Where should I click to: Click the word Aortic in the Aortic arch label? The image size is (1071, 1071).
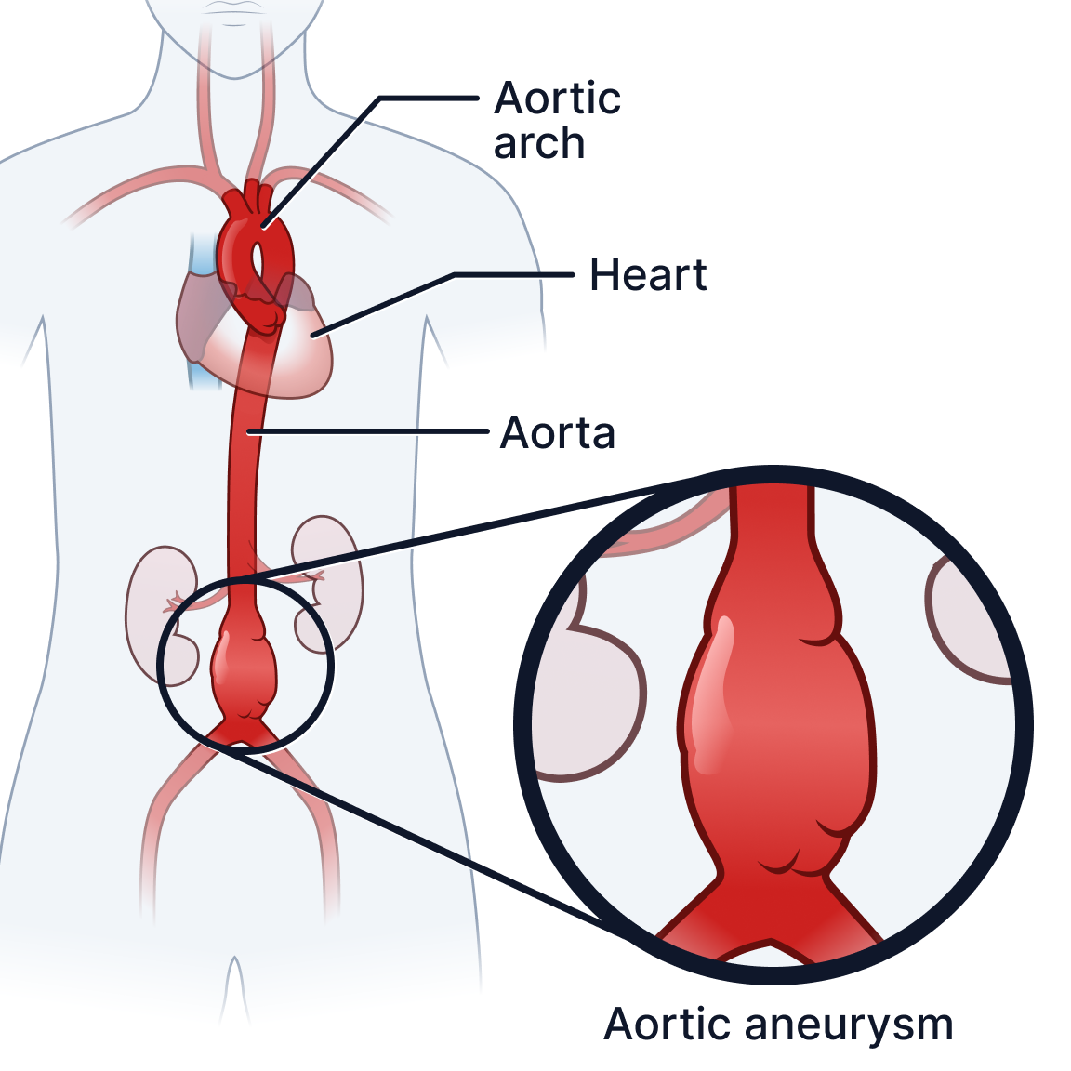557,99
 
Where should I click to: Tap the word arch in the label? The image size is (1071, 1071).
539,144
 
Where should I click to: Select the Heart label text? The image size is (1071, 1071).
648,275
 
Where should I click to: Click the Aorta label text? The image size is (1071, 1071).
558,433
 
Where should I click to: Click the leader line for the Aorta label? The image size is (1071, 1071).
372,432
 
